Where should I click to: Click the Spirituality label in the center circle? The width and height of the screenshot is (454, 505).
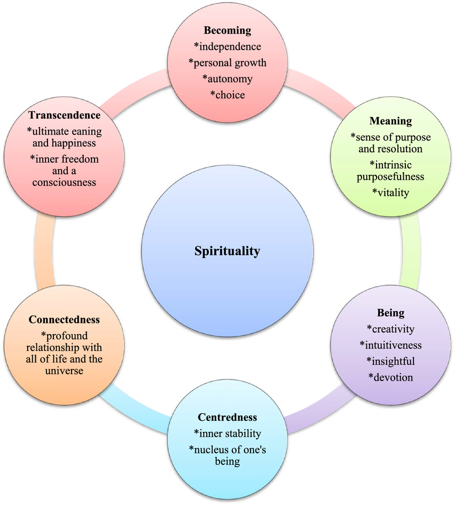227,251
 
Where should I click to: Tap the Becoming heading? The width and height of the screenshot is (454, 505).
227,30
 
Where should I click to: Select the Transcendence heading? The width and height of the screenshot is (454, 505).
65,115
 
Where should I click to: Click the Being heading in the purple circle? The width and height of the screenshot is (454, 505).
390,313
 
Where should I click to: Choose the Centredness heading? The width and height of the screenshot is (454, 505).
228,417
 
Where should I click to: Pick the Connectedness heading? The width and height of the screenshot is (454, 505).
65,320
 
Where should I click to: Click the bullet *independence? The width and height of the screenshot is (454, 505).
227,46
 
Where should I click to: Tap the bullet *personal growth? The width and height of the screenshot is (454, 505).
227,63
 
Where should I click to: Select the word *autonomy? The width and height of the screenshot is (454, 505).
227,79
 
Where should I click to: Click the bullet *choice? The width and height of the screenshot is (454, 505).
227,96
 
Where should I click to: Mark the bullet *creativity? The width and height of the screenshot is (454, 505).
390,329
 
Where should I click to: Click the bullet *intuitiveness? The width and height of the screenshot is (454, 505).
390,345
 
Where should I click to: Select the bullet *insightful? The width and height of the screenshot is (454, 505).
390,361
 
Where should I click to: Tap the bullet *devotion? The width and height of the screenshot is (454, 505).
390,377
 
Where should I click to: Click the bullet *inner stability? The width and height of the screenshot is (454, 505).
228,433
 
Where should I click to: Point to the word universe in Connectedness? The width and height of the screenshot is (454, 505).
65,370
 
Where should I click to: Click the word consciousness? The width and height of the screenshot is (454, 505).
65,183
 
